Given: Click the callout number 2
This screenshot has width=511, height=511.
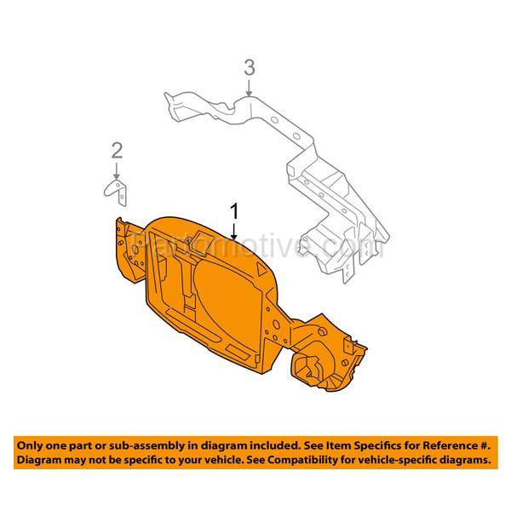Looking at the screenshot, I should pyautogui.click(x=117, y=151).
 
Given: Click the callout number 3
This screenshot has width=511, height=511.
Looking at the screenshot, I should pyautogui.click(x=249, y=66).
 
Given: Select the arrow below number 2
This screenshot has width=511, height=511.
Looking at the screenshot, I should pyautogui.click(x=117, y=169).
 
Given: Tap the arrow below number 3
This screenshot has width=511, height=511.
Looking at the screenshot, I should pyautogui.click(x=249, y=84).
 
